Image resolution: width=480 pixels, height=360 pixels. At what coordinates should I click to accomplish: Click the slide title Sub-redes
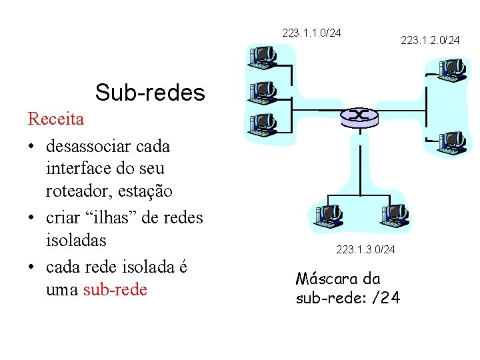150,93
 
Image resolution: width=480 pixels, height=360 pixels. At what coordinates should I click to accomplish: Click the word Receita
56,119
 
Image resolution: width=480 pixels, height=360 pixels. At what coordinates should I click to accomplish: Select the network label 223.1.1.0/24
311,32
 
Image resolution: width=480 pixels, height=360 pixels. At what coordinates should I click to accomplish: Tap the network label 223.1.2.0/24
430,41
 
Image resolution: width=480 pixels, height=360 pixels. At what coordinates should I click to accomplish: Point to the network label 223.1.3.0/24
365,249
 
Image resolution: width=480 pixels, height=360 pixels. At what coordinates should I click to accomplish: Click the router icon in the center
359,116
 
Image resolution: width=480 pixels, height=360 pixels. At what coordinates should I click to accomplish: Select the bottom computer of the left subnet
261,123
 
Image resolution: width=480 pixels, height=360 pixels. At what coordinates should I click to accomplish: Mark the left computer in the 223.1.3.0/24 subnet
327,216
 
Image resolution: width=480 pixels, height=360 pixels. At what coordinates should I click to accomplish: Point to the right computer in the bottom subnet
393,216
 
